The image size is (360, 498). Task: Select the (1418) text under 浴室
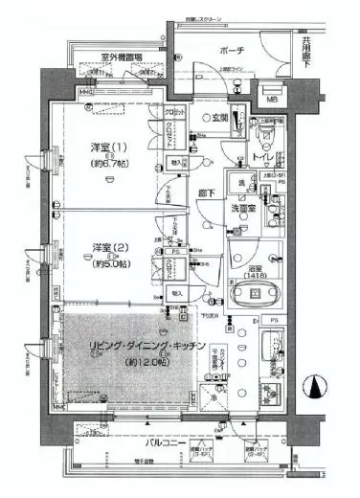point(257,267)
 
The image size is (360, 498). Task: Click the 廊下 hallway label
point(207,192)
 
